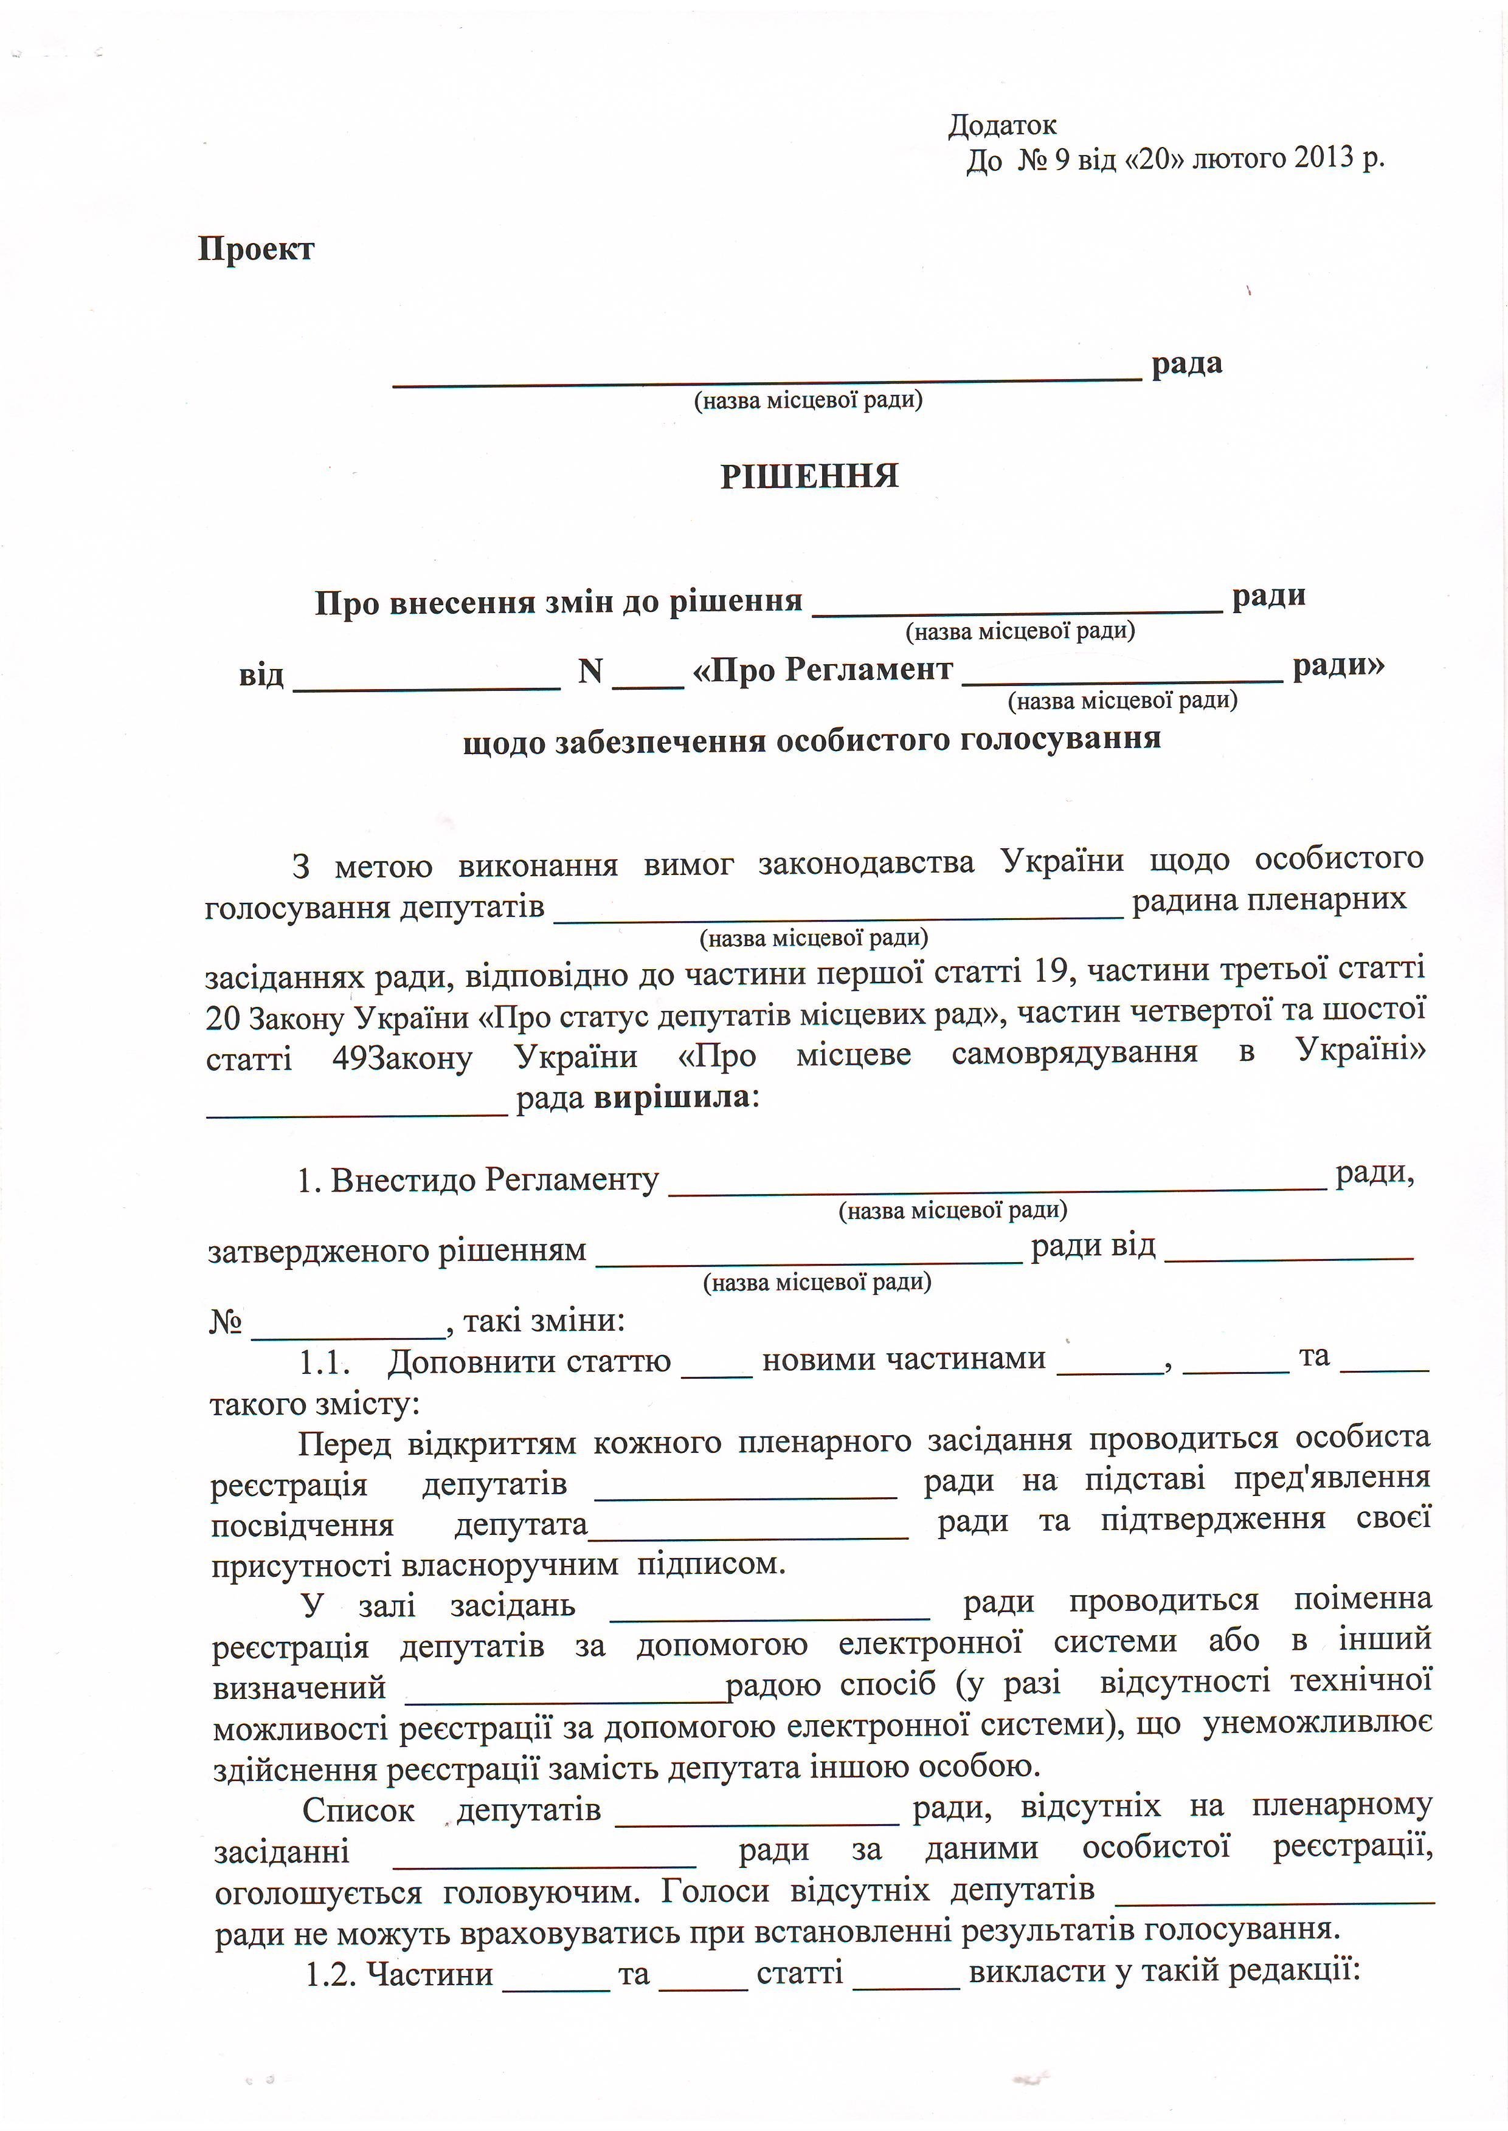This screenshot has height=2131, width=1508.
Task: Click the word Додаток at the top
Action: (x=1002, y=125)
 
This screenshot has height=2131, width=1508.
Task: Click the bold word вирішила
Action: (x=671, y=1098)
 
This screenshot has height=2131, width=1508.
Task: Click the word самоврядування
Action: (x=1074, y=1054)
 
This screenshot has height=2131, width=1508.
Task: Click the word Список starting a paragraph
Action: (x=358, y=1811)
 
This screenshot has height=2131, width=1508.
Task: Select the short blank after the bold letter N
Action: (x=648, y=683)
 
